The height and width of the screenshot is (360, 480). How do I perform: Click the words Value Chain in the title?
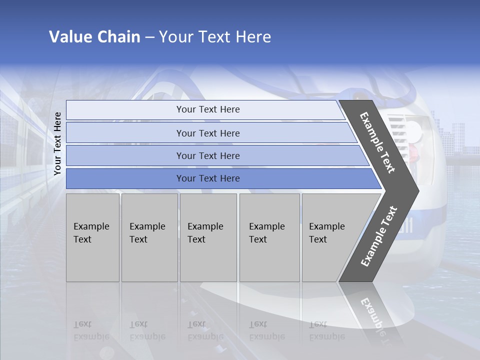pyautogui.click(x=94, y=37)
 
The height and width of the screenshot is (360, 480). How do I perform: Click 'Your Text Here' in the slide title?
pyautogui.click(x=215, y=37)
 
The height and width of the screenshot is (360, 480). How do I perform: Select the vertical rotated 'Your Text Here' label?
pyautogui.click(x=57, y=144)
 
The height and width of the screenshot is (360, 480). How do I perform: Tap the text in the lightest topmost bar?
pyautogui.click(x=208, y=109)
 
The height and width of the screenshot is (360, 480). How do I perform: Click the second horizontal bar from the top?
pyautogui.click(x=208, y=133)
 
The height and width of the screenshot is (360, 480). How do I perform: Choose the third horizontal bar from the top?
pyautogui.click(x=208, y=155)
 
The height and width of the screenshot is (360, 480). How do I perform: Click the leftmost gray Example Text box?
pyautogui.click(x=92, y=237)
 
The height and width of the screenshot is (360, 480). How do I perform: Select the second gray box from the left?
pyautogui.click(x=149, y=237)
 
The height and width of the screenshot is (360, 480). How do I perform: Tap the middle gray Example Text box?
pyautogui.click(x=208, y=237)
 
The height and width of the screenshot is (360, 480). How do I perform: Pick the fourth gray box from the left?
pyautogui.click(x=269, y=237)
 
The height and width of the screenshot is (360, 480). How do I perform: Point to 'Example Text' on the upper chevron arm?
pyautogui.click(x=377, y=142)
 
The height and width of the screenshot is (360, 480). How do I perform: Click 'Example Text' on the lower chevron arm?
pyautogui.click(x=379, y=236)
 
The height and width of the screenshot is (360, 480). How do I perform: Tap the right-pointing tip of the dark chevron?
pyautogui.click(x=416, y=190)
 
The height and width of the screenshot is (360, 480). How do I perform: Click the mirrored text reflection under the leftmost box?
pyautogui.click(x=91, y=330)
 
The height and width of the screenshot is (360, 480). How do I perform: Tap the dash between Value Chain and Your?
pyautogui.click(x=149, y=37)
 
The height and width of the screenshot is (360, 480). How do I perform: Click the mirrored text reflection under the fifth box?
pyautogui.click(x=326, y=330)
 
